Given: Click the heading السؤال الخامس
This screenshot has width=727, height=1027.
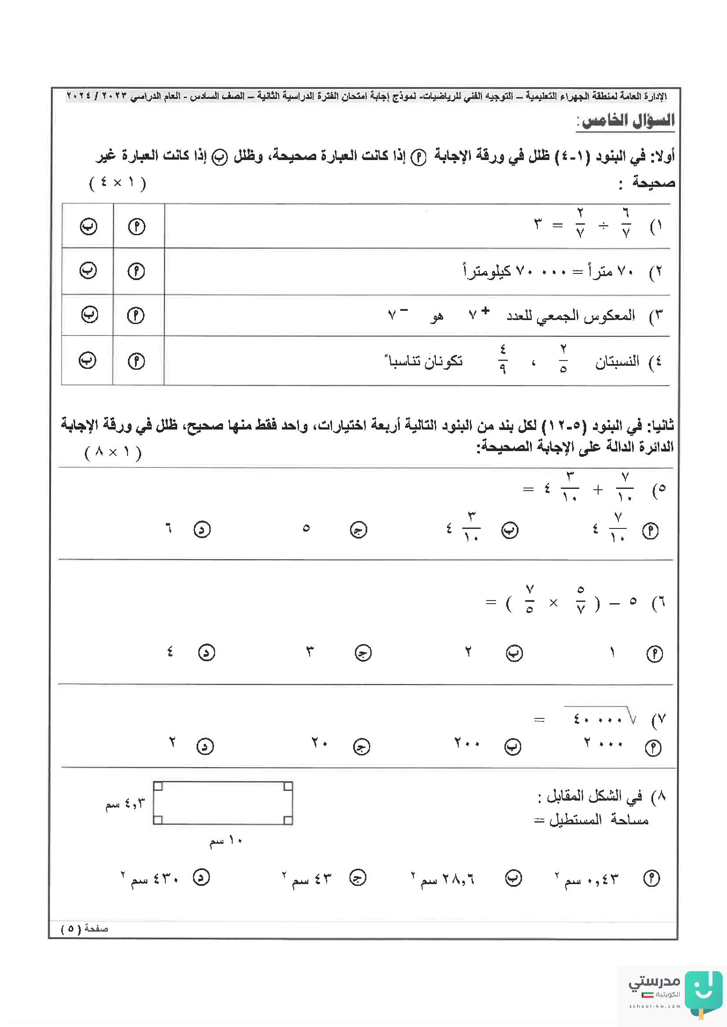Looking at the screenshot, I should (625, 120).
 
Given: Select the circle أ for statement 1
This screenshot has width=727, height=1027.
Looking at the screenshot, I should (136, 227).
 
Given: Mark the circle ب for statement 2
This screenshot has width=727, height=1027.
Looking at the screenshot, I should (88, 270).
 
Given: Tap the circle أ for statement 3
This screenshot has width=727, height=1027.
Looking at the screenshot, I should (135, 316).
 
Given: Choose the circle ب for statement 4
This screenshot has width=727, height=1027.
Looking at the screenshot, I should (87, 360).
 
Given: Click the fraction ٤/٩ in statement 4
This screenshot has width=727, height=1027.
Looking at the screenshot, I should (503, 359).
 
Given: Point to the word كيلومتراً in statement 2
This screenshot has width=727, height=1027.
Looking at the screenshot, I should (487, 271).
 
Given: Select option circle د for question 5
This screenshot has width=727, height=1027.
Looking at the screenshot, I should (202, 530).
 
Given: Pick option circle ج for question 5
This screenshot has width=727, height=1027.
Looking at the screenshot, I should (358, 530).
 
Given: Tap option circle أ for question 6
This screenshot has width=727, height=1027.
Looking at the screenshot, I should (654, 654).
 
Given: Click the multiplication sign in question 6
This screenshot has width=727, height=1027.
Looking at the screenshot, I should (553, 603).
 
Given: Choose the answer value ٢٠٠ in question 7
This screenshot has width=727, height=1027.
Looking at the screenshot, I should (467, 743).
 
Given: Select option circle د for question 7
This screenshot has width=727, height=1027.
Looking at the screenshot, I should (205, 747).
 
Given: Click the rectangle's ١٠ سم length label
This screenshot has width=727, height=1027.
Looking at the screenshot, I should (226, 841).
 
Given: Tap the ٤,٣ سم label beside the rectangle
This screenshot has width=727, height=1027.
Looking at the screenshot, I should (125, 804).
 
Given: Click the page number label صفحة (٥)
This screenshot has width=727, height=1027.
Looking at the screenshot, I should (84, 929).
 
